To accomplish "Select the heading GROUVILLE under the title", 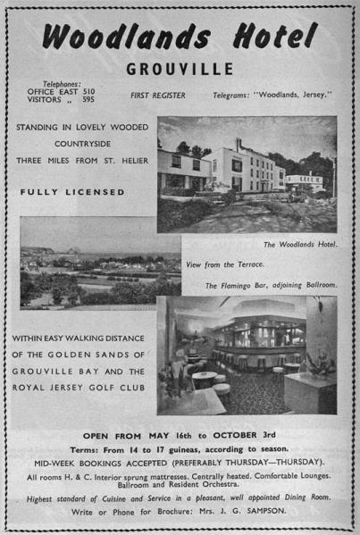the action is (x=180, y=69).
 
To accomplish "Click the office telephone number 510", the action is (x=88, y=91).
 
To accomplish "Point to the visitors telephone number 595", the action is (x=88, y=100).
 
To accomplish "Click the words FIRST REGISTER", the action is (x=159, y=95).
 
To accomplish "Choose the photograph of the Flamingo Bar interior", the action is (x=247, y=355).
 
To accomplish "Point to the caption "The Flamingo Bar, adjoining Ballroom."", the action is (x=271, y=285).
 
